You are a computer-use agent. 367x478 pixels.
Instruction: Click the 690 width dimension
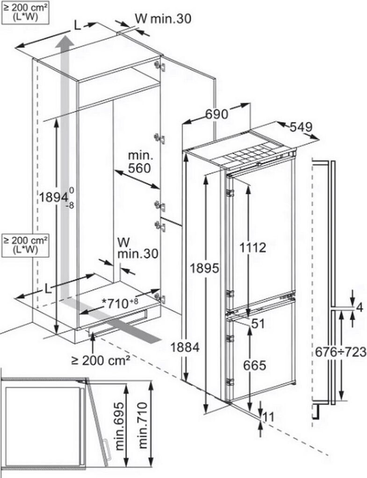coord(216,113)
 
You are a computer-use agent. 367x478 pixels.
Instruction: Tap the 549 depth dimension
coord(300,127)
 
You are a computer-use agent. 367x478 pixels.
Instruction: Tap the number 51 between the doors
coord(257,323)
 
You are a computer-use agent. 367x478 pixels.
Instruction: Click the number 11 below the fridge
coord(268,416)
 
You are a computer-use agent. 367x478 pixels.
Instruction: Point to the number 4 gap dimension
coord(359,307)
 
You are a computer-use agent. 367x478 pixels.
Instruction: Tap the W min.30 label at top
coord(163,18)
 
